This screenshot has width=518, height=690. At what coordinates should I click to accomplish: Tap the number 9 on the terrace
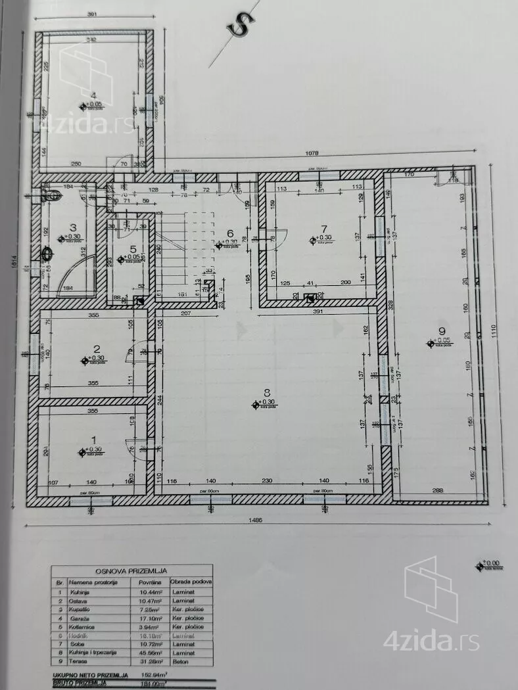pyautogui.click(x=441, y=331)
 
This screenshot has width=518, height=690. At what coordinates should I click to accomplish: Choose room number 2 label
pyautogui.click(x=97, y=349)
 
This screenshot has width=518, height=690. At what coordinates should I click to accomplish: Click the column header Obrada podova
pyautogui.click(x=189, y=582)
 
